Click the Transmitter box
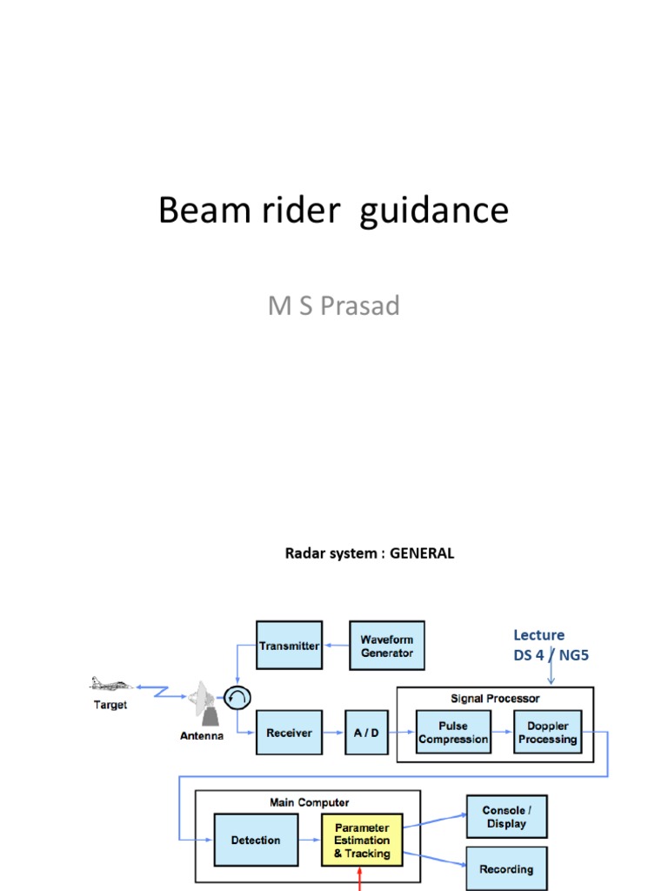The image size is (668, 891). [x=289, y=646]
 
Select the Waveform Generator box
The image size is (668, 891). [x=387, y=646]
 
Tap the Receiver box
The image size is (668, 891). [x=289, y=733]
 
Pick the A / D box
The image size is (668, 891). [x=366, y=733]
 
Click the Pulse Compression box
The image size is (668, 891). [x=453, y=733]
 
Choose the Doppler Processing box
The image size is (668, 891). [x=547, y=733]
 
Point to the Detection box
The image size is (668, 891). [x=256, y=841]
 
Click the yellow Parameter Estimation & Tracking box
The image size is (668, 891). [x=362, y=841]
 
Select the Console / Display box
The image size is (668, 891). [x=506, y=817]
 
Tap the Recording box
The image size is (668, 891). [x=506, y=868]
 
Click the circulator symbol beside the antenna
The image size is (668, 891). [x=237, y=696]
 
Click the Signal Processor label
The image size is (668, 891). [x=495, y=698]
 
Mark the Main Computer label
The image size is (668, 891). [x=308, y=802]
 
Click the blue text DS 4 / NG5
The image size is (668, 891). [x=551, y=655]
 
